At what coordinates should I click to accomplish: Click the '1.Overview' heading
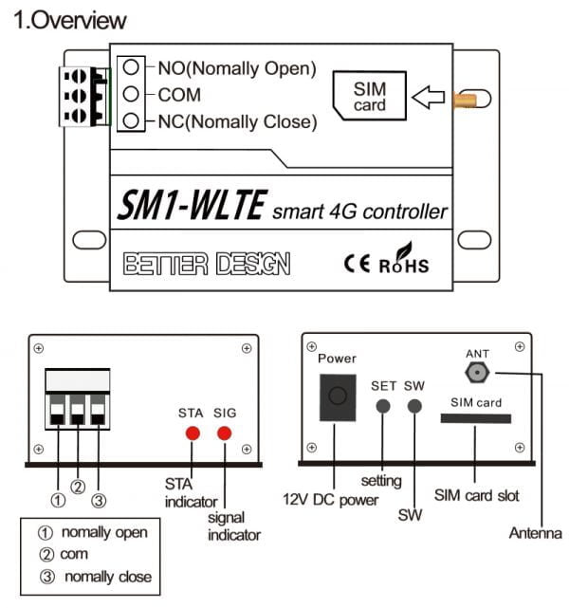click(x=71, y=20)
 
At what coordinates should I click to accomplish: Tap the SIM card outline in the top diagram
click(x=369, y=96)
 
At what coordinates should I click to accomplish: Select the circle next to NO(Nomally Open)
click(x=135, y=68)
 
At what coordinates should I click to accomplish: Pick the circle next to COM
click(x=135, y=95)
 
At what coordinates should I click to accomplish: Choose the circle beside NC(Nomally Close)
click(x=135, y=120)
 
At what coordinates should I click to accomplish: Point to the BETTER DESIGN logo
click(x=207, y=263)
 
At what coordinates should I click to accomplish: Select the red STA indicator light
click(x=191, y=434)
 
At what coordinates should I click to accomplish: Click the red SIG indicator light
click(x=225, y=434)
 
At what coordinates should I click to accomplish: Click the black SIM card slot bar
click(x=475, y=418)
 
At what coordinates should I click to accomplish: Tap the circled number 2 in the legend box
click(x=45, y=555)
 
